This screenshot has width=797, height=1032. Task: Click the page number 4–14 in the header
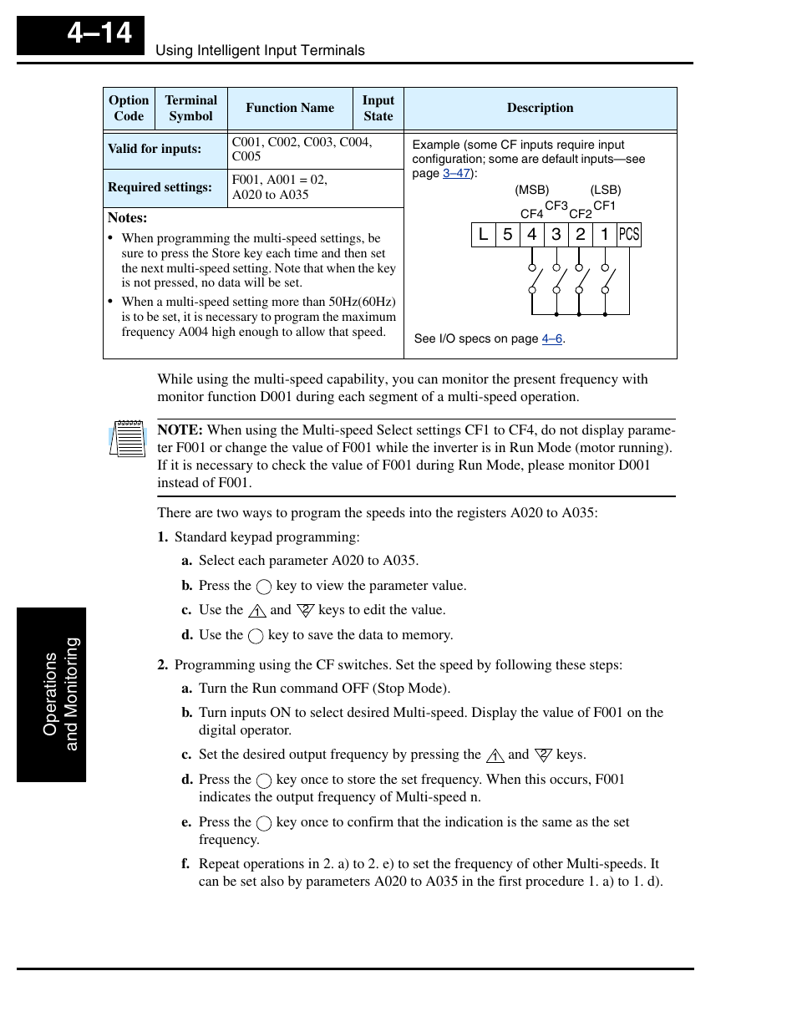click(99, 33)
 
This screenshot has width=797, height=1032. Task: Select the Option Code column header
click(129, 109)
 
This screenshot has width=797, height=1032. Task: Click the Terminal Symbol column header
click(190, 109)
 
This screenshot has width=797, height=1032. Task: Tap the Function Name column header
click(290, 108)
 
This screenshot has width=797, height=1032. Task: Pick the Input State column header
click(378, 109)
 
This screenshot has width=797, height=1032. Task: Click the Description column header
click(540, 108)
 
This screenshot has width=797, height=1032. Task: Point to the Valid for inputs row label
click(155, 149)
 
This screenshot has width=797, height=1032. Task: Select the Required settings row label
click(160, 187)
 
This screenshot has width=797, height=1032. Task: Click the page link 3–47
click(456, 173)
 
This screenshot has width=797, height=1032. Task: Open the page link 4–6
click(551, 338)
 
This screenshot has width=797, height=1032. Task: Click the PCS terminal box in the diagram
click(629, 235)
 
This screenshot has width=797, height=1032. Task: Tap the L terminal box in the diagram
click(483, 235)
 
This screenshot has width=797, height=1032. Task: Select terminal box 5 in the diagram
click(507, 235)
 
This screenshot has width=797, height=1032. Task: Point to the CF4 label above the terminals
click(531, 214)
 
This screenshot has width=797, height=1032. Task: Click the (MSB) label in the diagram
click(532, 190)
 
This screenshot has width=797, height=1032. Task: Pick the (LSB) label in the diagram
click(606, 190)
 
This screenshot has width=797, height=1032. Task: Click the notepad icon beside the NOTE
click(128, 439)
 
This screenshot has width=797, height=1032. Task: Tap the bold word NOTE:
click(180, 430)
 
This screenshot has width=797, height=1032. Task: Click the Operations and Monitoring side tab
click(52, 694)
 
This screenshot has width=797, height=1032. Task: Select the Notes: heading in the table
click(127, 218)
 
